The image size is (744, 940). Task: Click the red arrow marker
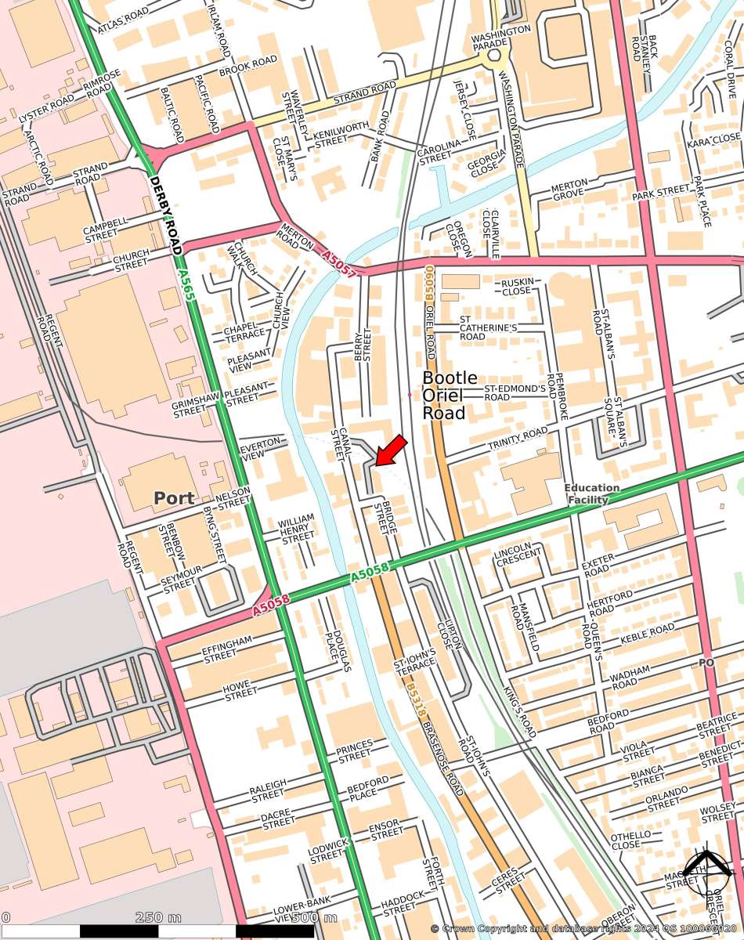[x=389, y=451]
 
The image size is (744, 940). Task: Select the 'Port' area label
[x=173, y=498]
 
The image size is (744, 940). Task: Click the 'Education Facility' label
[x=592, y=493]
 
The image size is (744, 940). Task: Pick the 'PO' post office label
[x=706, y=663]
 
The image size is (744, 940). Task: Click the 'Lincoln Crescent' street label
[x=518, y=553]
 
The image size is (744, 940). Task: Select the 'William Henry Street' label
[x=297, y=529]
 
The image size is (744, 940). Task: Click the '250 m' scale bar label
[x=157, y=917]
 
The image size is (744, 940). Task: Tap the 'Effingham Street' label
[x=228, y=649]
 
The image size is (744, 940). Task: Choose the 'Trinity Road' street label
[x=518, y=438]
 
